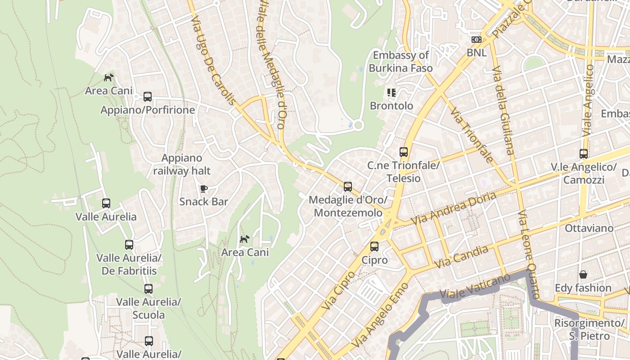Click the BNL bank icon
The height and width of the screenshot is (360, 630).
[476, 40]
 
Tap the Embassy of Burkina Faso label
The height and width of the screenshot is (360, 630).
[400, 62]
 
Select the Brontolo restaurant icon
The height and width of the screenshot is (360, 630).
[391, 93]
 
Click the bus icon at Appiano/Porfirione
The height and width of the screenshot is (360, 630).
[148, 96]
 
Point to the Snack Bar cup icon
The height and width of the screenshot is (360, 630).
[203, 189]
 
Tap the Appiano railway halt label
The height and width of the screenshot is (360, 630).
[182, 164]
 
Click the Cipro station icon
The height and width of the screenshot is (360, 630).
[374, 247]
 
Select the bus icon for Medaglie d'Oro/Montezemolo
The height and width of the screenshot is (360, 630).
[347, 187]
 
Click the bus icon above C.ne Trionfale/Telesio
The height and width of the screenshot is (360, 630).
[403, 152]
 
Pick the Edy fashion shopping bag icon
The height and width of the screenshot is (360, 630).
[583, 274]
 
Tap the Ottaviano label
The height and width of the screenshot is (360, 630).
[589, 228]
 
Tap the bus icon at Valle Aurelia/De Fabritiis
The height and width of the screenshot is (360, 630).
[129, 245]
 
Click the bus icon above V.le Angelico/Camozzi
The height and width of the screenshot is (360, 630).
[583, 154]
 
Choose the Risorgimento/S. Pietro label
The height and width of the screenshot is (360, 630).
[589, 329]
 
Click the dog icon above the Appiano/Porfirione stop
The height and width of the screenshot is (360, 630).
[108, 77]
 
